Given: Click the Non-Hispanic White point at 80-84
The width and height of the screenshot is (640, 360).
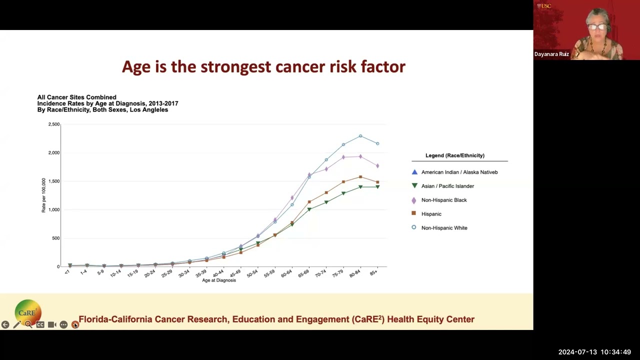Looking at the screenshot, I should (360, 136).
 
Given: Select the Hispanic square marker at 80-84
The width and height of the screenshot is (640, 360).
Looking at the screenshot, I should (360, 177).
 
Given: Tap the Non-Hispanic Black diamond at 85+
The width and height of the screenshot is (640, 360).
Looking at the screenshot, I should (377, 165).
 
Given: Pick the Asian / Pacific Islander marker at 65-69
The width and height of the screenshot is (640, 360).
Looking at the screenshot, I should (309, 209).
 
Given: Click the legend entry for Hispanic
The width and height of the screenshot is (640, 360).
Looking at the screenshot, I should (431, 214).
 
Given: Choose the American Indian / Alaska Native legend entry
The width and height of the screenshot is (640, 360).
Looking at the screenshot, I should (459, 172).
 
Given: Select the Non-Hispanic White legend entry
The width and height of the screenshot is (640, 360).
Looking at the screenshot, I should (444, 228).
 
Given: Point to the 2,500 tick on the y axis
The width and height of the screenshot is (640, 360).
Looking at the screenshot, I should (53, 124).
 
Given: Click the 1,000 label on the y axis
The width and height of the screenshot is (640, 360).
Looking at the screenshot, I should (53, 209).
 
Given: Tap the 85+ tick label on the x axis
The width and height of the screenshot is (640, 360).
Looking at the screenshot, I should (373, 273).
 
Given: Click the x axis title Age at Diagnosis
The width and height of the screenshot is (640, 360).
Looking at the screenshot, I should (219, 280).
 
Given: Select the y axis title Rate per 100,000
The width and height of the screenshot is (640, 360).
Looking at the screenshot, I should (43, 195).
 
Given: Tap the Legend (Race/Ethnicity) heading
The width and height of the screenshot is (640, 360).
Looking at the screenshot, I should (454, 155).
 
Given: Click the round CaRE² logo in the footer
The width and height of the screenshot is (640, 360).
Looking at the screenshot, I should (27, 312).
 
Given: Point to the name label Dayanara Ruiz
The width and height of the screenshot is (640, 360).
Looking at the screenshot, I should (551, 54).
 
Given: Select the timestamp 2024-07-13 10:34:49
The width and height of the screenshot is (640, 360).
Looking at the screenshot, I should (594, 352).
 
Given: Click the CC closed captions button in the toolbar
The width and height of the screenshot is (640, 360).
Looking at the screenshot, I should (40, 325).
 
